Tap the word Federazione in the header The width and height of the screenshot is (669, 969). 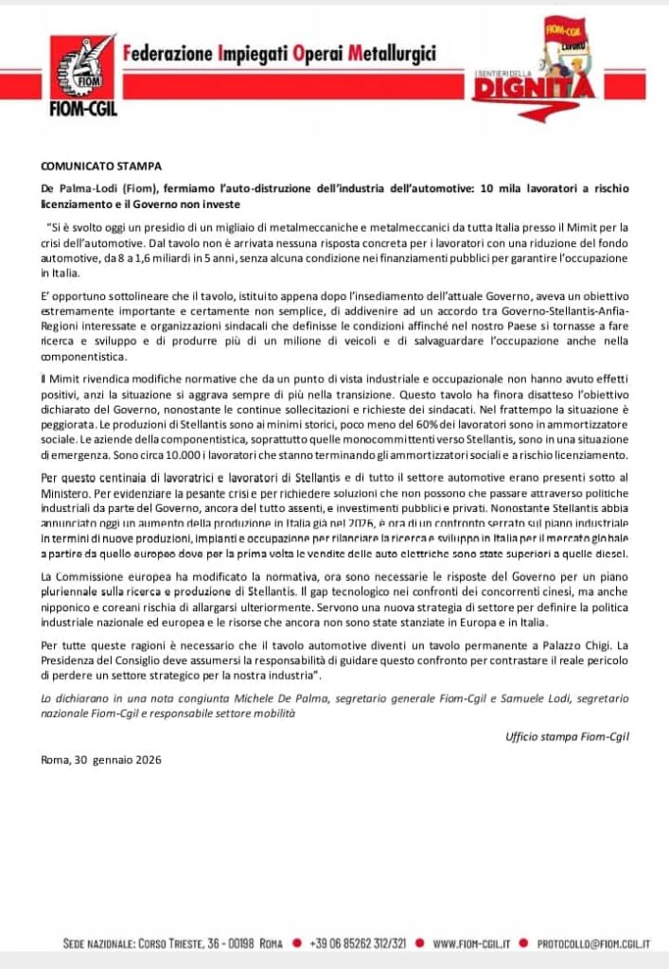click(x=167, y=54)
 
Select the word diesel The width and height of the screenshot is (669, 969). click(x=610, y=554)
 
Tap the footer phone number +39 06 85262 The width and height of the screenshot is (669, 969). click(x=358, y=943)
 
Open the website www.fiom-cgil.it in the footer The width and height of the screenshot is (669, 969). click(x=472, y=943)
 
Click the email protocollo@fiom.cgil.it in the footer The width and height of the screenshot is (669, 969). click(x=593, y=943)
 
